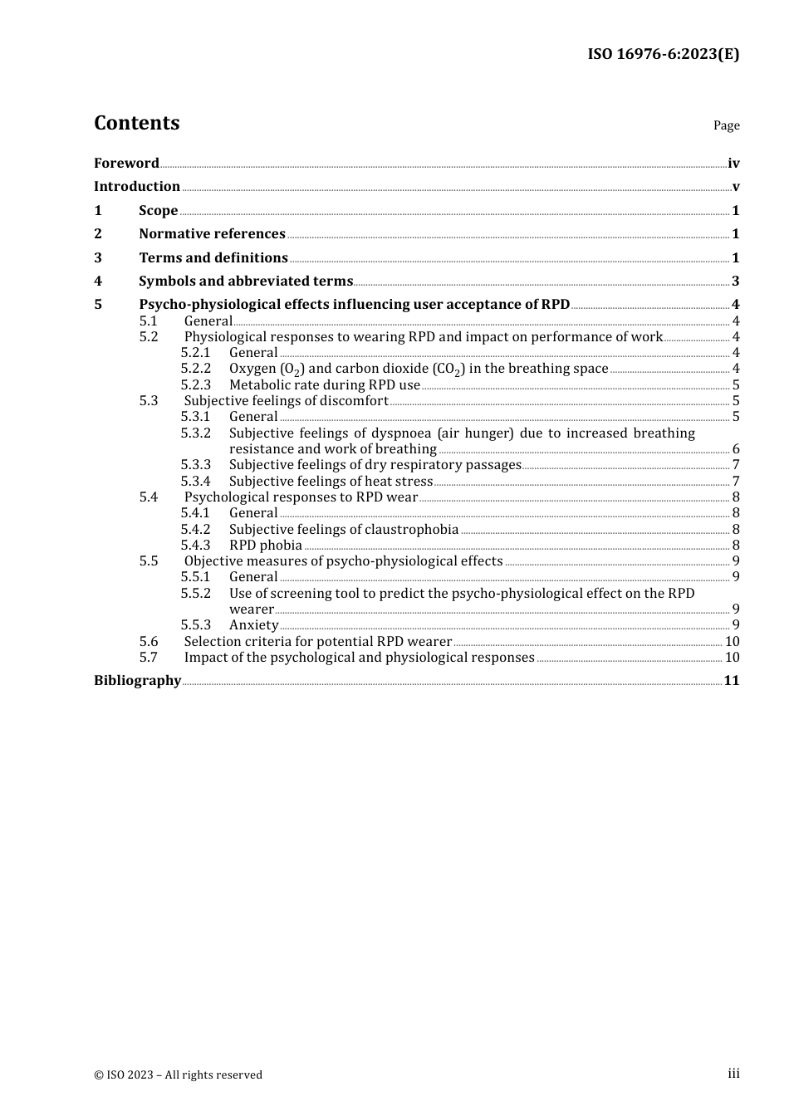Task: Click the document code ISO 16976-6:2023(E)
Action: tap(663, 54)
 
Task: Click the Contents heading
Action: tap(136, 123)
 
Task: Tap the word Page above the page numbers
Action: tap(726, 125)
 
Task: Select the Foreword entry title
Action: tap(126, 163)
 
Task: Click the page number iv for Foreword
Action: tap(733, 164)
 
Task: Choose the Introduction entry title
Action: tap(137, 186)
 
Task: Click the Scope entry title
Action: tap(158, 210)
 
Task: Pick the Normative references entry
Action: tap(212, 233)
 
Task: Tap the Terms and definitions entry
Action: tap(213, 257)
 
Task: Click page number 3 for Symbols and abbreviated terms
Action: tap(735, 281)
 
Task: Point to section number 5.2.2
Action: tap(196, 368)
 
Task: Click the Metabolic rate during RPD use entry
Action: tap(325, 384)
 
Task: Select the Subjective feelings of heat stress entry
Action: tap(331, 481)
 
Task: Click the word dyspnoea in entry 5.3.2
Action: tap(403, 433)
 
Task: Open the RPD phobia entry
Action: tap(266, 545)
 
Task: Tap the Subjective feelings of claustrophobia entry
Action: tap(344, 529)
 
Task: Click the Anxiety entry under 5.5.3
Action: tap(254, 624)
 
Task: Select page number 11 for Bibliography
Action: tap(732, 680)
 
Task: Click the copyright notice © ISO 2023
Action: tap(178, 1074)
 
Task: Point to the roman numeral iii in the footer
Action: tap(733, 1074)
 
